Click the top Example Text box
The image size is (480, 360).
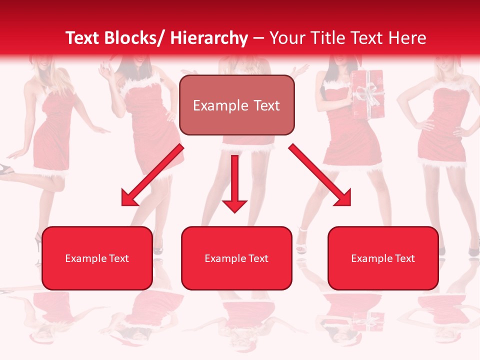[236, 105]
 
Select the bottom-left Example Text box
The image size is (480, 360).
[97, 258]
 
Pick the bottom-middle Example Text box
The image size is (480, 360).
[236, 258]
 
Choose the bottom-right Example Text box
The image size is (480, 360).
[383, 258]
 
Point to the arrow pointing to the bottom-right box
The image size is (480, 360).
[320, 176]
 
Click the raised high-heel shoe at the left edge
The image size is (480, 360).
[6, 169]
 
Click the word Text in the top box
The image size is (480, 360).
[265, 105]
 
